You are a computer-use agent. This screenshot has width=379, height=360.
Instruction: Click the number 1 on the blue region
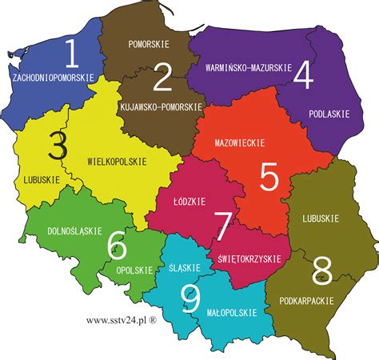tap(72, 54)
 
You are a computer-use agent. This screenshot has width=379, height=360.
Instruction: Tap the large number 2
tap(162, 78)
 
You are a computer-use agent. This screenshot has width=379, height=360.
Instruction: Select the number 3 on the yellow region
tap(57, 146)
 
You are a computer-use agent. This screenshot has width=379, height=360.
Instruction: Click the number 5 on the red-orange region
tap(268, 177)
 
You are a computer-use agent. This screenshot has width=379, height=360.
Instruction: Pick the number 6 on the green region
tap(116, 243)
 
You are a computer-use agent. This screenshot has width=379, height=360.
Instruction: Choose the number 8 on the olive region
tap(322, 266)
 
